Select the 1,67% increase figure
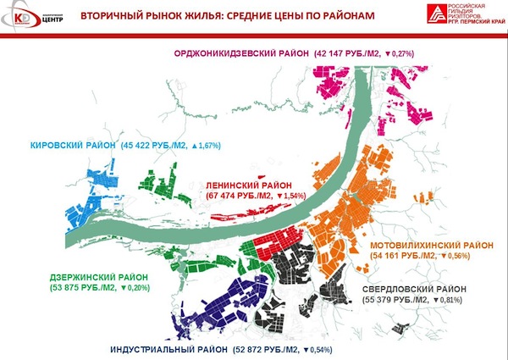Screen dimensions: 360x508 tap(207, 146)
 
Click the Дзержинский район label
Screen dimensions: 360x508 tap(98, 277)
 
